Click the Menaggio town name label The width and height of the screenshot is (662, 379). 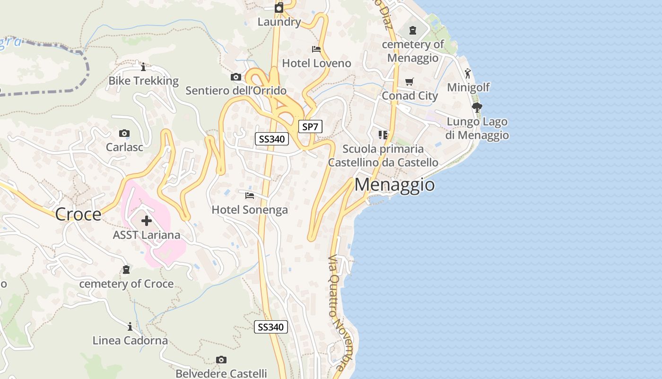pyautogui.click(x=394, y=185)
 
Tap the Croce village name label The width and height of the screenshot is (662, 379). pyautogui.click(x=78, y=214)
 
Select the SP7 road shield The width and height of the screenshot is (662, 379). pyautogui.click(x=310, y=126)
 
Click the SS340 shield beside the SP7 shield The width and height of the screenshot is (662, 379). pyautogui.click(x=272, y=139)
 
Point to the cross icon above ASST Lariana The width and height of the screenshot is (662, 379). pyautogui.click(x=147, y=220)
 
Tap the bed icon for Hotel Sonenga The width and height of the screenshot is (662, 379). pyautogui.click(x=250, y=195)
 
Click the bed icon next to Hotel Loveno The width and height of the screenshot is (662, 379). pyautogui.click(x=316, y=49)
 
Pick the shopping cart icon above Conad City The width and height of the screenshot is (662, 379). pyautogui.click(x=409, y=81)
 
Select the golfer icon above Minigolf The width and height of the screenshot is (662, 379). pyautogui.click(x=468, y=73)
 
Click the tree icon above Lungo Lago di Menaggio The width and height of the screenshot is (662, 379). pyautogui.click(x=477, y=108)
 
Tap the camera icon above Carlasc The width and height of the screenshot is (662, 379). pyautogui.click(x=124, y=133)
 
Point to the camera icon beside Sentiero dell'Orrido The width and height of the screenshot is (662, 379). pyautogui.click(x=235, y=77)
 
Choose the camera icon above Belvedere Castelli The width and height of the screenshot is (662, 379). pyautogui.click(x=221, y=360)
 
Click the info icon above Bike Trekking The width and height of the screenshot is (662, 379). pyautogui.click(x=143, y=67)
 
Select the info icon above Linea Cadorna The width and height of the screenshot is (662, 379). pyautogui.click(x=130, y=326)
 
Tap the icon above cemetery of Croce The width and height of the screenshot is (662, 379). pyautogui.click(x=126, y=270)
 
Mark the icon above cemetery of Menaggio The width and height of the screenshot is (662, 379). pyautogui.click(x=413, y=30)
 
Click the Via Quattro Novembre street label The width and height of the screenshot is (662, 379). pyautogui.click(x=336, y=313)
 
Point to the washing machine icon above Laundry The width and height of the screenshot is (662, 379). pyautogui.click(x=279, y=8)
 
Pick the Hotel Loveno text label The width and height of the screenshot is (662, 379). pyautogui.click(x=316, y=63)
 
